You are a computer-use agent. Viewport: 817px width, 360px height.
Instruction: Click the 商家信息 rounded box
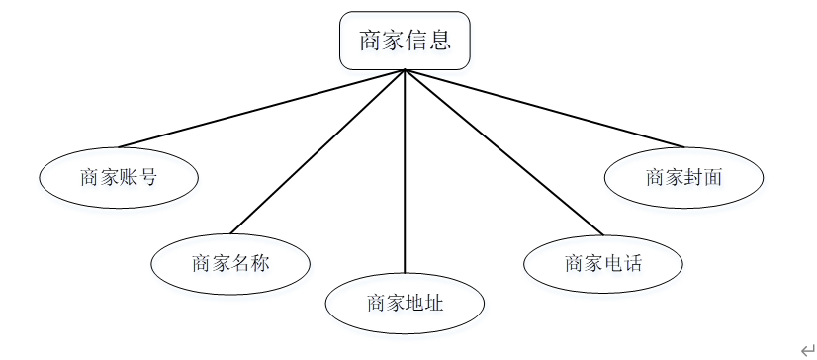click(x=405, y=41)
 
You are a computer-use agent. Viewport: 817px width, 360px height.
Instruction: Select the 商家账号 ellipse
click(x=119, y=178)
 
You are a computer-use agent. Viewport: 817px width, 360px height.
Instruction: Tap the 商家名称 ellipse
click(x=229, y=263)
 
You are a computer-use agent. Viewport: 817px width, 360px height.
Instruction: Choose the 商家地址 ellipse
click(x=405, y=303)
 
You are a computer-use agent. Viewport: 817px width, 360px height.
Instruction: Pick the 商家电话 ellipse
click(x=602, y=263)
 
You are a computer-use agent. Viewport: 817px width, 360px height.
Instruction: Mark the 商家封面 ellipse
click(x=683, y=178)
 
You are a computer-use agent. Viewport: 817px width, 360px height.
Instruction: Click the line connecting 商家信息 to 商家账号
click(x=262, y=109)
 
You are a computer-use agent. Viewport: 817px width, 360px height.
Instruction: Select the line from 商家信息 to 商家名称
click(x=317, y=153)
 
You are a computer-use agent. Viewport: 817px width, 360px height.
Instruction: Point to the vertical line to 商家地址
click(x=405, y=178)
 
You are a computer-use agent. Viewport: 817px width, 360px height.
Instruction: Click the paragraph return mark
click(x=807, y=348)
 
